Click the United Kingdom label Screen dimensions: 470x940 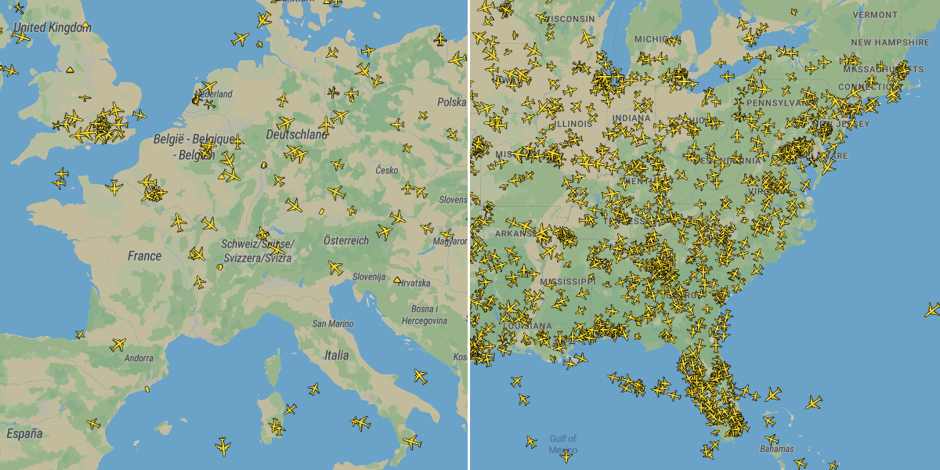52,27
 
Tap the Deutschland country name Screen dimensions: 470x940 297,135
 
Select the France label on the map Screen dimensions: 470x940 145,255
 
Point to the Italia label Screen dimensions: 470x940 336,355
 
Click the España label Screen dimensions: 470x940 24,433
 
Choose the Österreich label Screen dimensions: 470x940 345,240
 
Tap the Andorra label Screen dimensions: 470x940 139,358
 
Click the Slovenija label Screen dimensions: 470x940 368,277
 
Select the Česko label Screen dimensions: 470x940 387,170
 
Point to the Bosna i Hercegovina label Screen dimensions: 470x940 424,315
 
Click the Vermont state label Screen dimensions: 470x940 875,14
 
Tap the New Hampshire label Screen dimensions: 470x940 890,42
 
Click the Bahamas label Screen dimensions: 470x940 776,449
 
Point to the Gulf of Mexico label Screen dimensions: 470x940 562,444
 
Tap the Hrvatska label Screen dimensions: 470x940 415,282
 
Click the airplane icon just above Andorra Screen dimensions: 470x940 118,344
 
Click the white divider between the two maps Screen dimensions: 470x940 469,235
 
